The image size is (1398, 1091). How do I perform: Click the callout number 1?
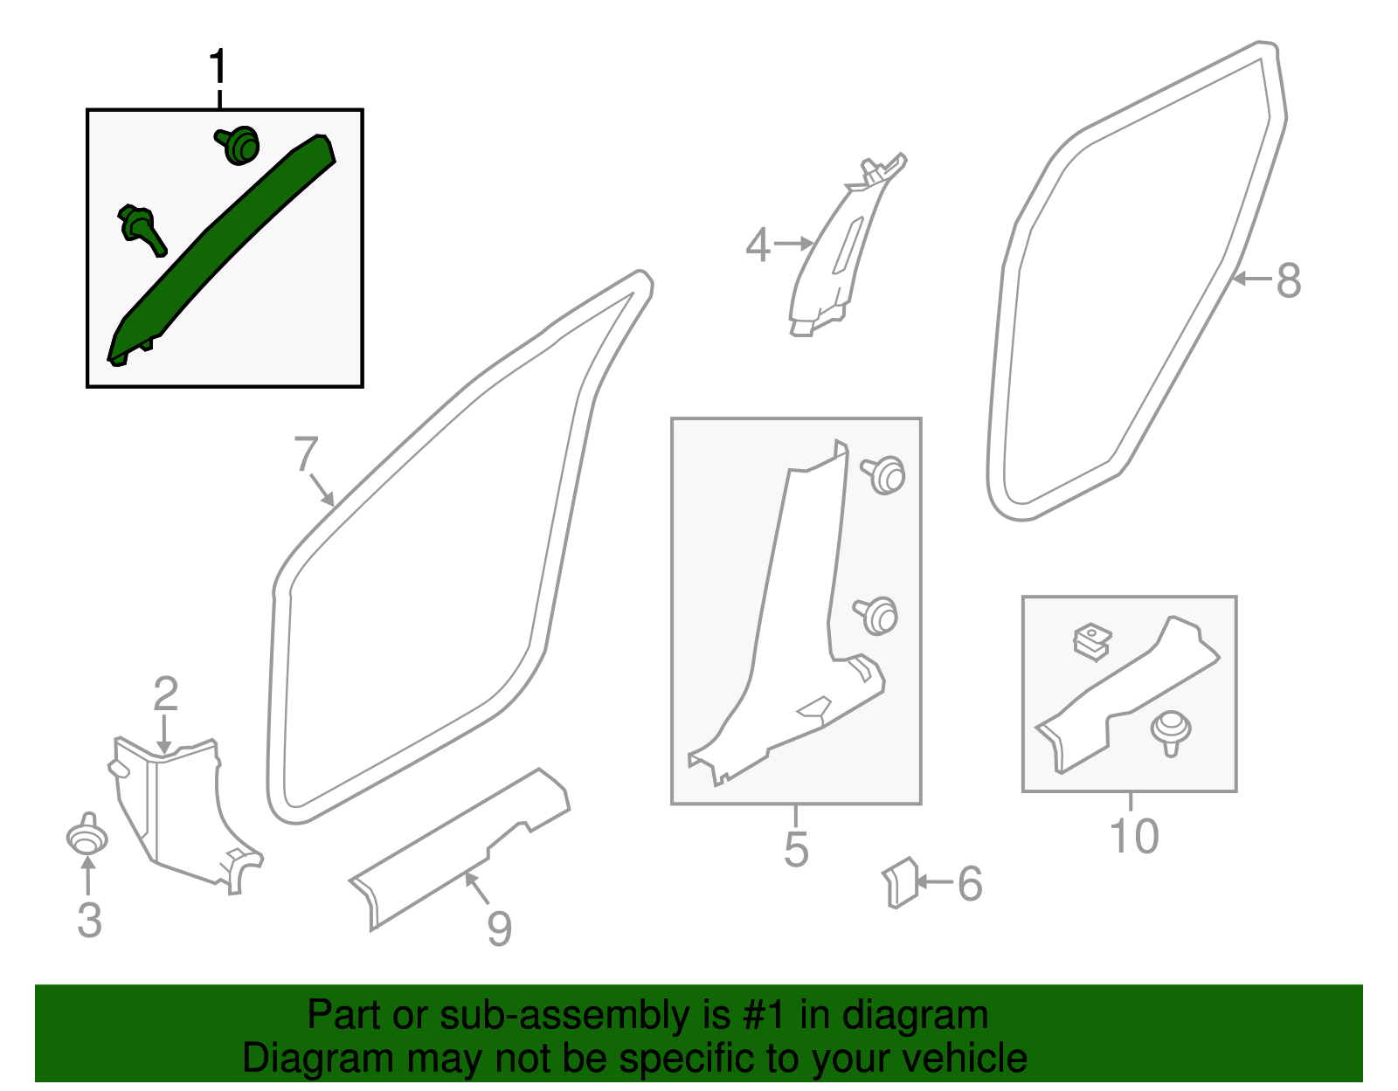218,67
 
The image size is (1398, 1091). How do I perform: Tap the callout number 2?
165,694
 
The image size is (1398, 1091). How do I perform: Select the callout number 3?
89,921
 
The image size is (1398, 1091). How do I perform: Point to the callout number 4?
758,245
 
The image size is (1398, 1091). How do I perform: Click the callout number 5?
796,849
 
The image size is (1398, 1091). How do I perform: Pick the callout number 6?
970,884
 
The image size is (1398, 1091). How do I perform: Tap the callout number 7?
306,454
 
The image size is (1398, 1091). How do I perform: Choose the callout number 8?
1289,281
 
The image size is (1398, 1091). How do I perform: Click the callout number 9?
499,929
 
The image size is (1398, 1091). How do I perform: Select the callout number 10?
1133,836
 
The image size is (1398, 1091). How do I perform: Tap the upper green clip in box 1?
239,145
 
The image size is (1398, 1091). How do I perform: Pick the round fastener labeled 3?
87,838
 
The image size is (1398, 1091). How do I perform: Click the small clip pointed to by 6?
899,882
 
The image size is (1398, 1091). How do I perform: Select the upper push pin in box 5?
884,474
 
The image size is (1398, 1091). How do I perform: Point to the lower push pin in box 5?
877,615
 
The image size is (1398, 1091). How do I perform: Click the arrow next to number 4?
793,244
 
